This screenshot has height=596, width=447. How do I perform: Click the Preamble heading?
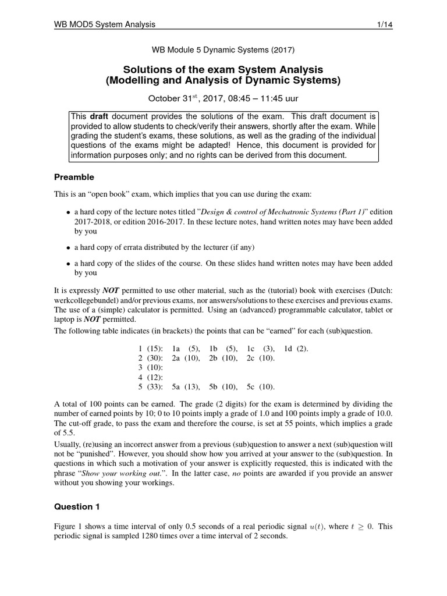(74, 177)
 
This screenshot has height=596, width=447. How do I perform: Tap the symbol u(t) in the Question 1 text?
(318, 527)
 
